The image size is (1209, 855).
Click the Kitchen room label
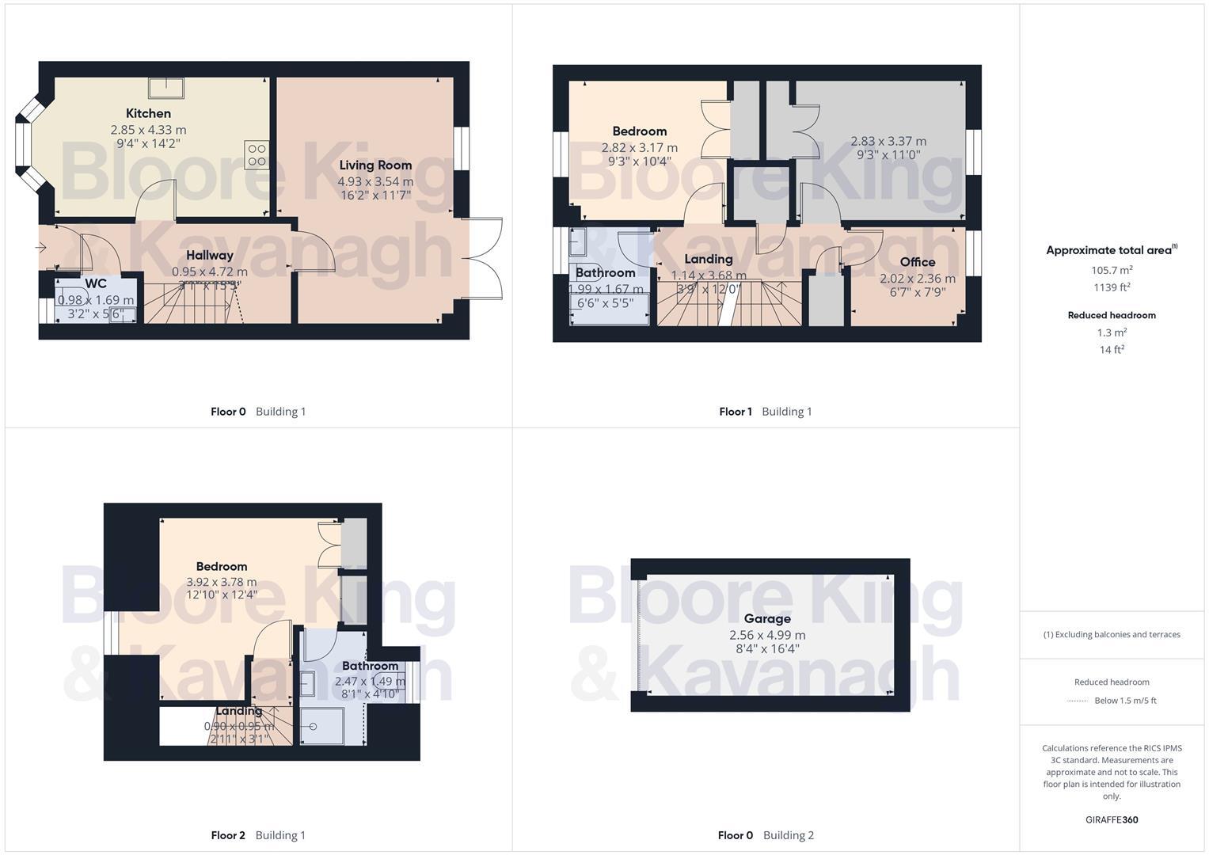pyautogui.click(x=148, y=113)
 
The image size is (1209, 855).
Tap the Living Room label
pyautogui.click(x=375, y=165)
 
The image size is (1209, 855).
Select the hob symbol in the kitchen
pyautogui.click(x=257, y=154)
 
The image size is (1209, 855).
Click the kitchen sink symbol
pyautogui.click(x=166, y=87)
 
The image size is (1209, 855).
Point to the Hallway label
pyautogui.click(x=210, y=255)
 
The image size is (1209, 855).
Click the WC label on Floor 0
pyautogui.click(x=96, y=283)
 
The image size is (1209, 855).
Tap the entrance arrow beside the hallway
pyautogui.click(x=41, y=248)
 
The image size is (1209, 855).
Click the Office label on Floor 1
pyautogui.click(x=918, y=262)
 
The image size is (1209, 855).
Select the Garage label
pyautogui.click(x=767, y=618)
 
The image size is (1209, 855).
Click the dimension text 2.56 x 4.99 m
pyautogui.click(x=767, y=635)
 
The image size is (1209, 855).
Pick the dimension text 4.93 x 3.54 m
pyautogui.click(x=375, y=181)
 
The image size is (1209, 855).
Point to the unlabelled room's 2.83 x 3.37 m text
pyautogui.click(x=888, y=141)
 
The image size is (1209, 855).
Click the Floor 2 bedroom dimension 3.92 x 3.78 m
pyautogui.click(x=222, y=582)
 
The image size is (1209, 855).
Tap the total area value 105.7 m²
pyautogui.click(x=1112, y=270)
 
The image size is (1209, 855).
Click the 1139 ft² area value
pyautogui.click(x=1112, y=287)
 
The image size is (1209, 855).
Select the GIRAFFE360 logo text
pyautogui.click(x=1112, y=819)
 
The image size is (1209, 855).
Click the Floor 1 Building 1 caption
pyautogui.click(x=765, y=412)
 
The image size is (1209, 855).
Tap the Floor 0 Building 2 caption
pyautogui.click(x=765, y=835)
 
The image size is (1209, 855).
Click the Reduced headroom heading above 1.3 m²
pyautogui.click(x=1112, y=315)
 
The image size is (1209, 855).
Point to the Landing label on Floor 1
pyautogui.click(x=708, y=259)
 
